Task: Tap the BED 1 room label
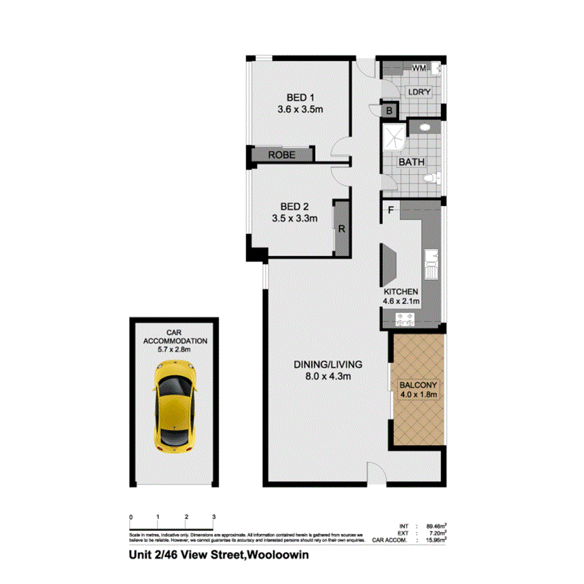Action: [x=300, y=98]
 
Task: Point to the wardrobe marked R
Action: [x=342, y=229]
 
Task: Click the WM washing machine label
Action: [x=419, y=68]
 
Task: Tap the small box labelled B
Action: [x=389, y=112]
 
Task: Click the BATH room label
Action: [x=412, y=162]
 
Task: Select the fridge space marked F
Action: [x=390, y=210]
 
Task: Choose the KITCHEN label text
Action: [x=402, y=292]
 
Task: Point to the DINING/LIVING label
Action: [x=328, y=365]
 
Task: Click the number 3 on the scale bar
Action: [x=214, y=517]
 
